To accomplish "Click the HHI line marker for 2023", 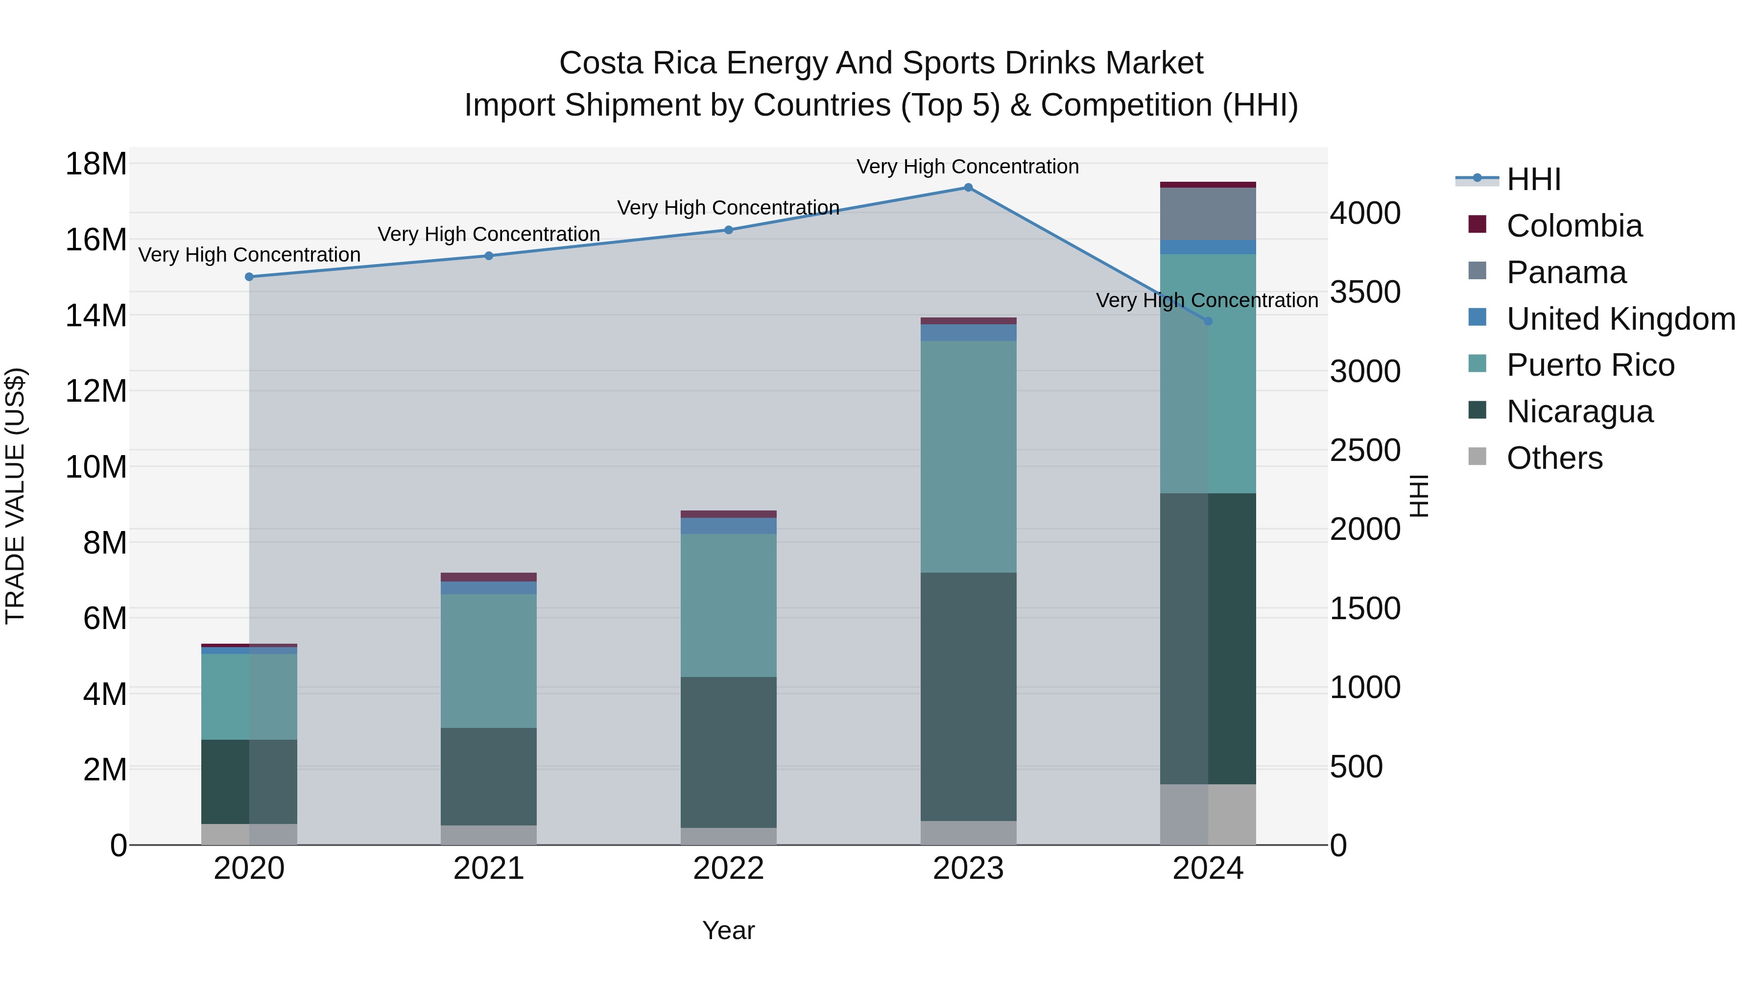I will (968, 188).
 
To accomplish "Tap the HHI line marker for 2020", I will (249, 277).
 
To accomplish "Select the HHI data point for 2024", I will (1207, 321).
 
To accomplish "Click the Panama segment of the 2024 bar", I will (1207, 214).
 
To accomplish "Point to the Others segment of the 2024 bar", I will (1207, 814).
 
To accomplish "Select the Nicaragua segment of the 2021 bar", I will (489, 776).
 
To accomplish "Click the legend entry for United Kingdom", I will (1620, 319).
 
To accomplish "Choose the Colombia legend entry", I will (1573, 226).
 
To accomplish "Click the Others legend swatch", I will (1477, 457).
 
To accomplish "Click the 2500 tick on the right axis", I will (1365, 451).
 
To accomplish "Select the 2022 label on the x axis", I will (728, 869).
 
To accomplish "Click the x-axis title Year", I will (728, 930).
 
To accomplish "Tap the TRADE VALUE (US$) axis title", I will (15, 496).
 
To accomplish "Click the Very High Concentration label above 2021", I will (489, 234).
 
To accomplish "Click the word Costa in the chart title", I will (601, 63).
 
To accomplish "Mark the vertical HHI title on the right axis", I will (1419, 496).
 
